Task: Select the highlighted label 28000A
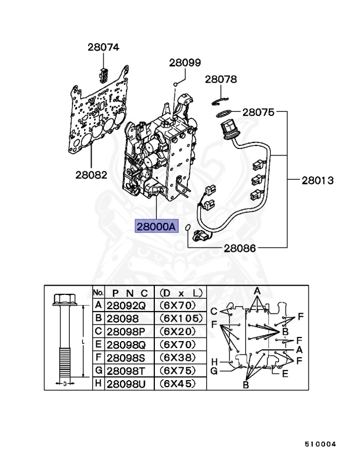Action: [x=156, y=226]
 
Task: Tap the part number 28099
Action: [x=185, y=61]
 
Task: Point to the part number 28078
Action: [x=221, y=79]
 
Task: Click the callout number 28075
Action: [x=258, y=111]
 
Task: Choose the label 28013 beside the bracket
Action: [x=318, y=179]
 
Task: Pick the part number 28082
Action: [x=91, y=174]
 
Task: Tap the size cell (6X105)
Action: [x=178, y=319]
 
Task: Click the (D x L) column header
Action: [x=178, y=293]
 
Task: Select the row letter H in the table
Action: [x=98, y=384]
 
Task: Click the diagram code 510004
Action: [x=320, y=443]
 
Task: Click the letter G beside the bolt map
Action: [x=215, y=371]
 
